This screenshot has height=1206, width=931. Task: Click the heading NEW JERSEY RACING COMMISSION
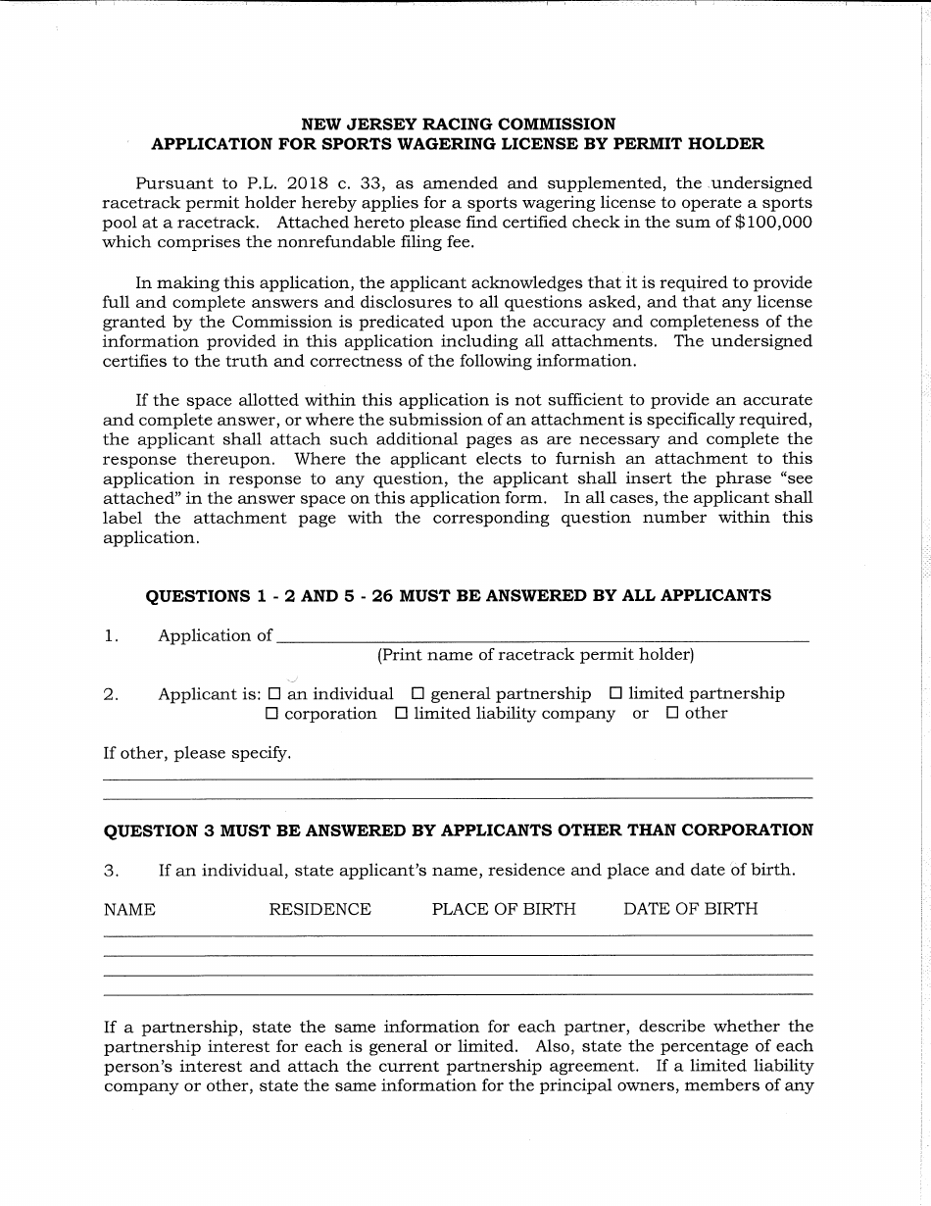458,125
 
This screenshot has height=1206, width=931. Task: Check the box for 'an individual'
274,693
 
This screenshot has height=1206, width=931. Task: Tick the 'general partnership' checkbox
417,693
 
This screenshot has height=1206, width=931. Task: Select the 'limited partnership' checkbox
615,693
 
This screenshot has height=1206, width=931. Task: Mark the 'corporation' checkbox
271,714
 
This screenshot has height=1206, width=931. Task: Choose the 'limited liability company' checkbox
401,714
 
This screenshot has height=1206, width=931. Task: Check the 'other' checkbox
672,714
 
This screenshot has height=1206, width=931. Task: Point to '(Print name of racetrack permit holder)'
535,655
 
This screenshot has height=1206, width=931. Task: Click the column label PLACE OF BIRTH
504,909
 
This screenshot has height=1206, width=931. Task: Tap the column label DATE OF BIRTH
690,909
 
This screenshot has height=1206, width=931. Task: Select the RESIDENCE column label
319,909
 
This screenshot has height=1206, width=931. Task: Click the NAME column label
129,909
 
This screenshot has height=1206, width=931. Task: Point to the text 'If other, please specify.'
197,753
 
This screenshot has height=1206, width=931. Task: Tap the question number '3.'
111,870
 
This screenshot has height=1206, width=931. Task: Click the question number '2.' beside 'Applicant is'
111,694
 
